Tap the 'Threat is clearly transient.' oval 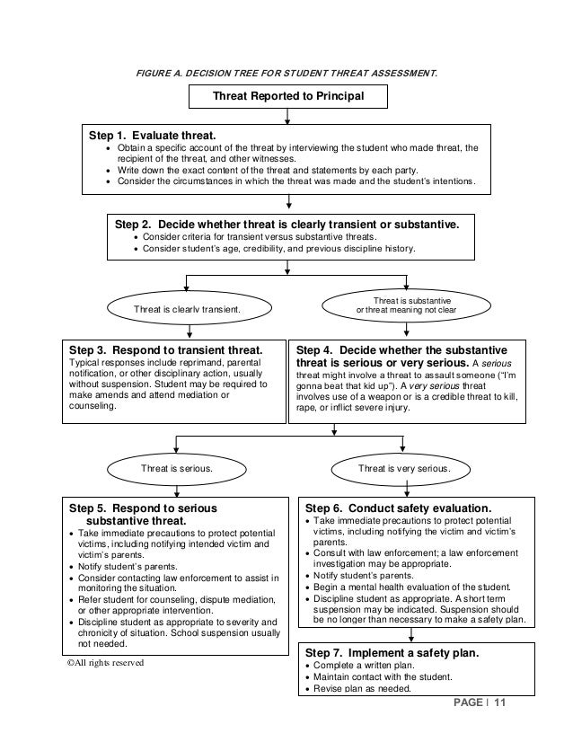(187, 309)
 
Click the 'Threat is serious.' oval (176, 468)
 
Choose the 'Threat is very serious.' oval (404, 468)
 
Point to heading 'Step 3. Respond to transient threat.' (166, 349)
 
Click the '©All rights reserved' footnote (105, 663)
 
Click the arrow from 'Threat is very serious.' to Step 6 (410, 485)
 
